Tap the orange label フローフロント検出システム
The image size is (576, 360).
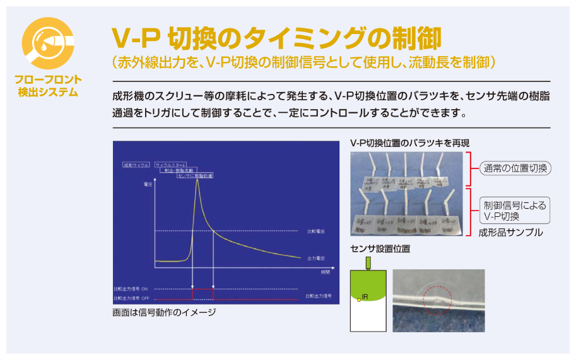point(48,86)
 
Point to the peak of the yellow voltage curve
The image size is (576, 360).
point(198,180)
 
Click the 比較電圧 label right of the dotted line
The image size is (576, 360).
point(315,231)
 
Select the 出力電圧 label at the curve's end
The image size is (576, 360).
point(315,258)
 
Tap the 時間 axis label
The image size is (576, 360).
point(325,272)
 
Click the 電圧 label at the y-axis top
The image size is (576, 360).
point(149,185)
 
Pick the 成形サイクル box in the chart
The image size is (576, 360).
point(137,165)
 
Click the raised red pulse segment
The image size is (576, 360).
point(203,289)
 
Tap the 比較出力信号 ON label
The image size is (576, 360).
point(131,289)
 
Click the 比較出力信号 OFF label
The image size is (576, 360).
point(131,298)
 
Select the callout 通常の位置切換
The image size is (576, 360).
point(515,168)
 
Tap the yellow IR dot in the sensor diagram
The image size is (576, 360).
point(359,299)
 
